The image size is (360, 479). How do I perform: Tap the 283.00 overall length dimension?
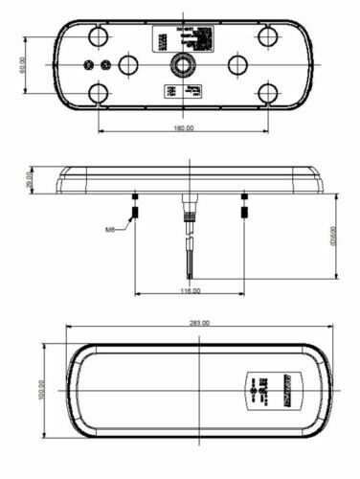pos(199,323)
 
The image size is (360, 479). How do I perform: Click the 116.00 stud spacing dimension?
pos(190,289)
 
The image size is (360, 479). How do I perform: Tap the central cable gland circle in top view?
pos(182,65)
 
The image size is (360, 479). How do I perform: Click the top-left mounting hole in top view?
pos(97,36)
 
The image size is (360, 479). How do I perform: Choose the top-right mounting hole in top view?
pos(267,36)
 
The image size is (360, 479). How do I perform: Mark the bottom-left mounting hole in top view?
pos(97,93)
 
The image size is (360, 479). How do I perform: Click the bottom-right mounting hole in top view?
pos(267,93)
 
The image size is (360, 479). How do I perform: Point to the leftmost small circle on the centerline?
pos(88,65)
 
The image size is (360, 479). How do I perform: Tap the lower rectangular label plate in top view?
pos(182,92)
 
